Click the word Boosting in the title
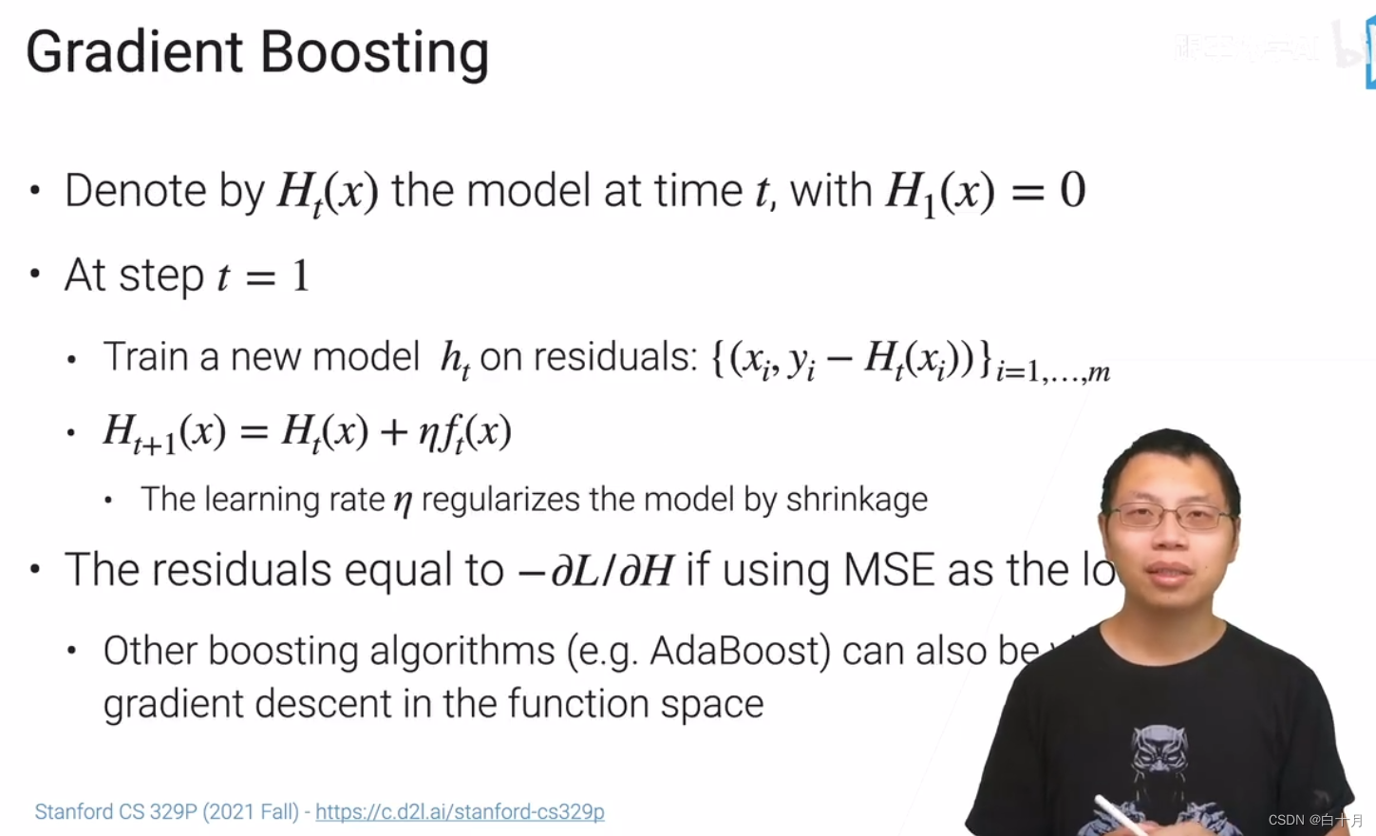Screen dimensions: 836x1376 pyautogui.click(x=374, y=52)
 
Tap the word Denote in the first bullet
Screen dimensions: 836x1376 pyautogui.click(x=135, y=191)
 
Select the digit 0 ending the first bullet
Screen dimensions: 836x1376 pyautogui.click(x=1072, y=191)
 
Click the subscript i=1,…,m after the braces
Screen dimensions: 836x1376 pyautogui.click(x=1052, y=371)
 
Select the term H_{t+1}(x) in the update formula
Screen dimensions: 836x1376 pyautogui.click(x=164, y=433)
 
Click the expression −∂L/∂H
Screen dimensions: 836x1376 pyautogui.click(x=595, y=571)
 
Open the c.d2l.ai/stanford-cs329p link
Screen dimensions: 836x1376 pyautogui.click(x=460, y=812)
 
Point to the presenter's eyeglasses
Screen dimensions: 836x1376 pyautogui.click(x=1171, y=517)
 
